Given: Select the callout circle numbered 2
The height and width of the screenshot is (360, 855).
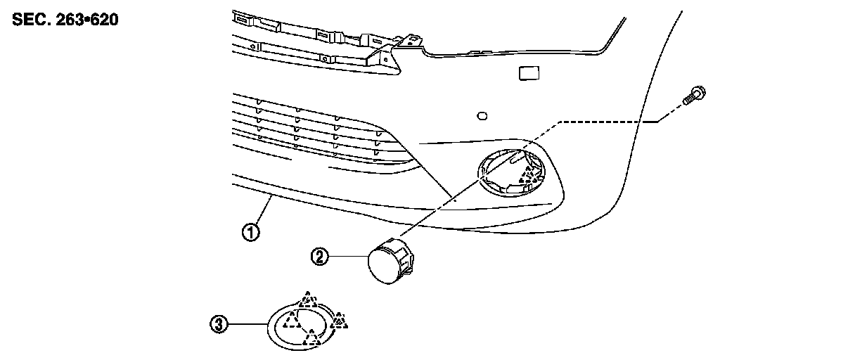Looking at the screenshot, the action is (x=320, y=257).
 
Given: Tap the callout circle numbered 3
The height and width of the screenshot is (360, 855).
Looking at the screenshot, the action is (x=219, y=324).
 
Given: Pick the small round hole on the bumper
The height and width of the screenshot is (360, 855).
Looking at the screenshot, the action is (x=482, y=115).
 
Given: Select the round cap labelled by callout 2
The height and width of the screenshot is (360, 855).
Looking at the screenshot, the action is (x=390, y=263).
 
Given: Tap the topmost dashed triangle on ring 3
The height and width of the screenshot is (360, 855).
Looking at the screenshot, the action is (x=307, y=300).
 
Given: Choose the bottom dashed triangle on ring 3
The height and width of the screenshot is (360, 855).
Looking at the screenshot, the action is (x=312, y=340).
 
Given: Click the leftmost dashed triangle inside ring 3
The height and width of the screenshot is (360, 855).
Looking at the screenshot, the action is (x=290, y=322).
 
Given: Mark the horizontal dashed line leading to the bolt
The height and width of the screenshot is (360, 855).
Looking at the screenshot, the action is (x=605, y=122).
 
